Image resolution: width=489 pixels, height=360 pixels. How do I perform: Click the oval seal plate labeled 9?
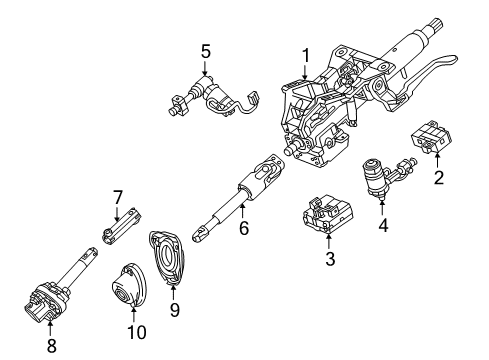coord(168,266)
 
